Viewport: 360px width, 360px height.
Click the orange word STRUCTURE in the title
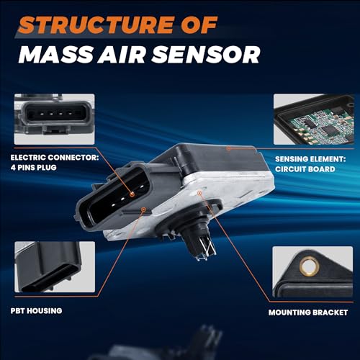coord(96,24)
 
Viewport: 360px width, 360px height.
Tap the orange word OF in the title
coord(199,24)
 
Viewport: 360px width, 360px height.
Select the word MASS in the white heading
coord(55,55)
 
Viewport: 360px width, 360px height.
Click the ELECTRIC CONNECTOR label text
coord(55,158)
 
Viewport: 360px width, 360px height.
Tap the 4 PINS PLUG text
coord(34,167)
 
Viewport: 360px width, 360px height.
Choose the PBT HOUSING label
coord(36,311)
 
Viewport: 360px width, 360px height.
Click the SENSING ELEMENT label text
coord(310,159)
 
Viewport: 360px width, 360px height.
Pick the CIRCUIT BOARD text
coord(305,169)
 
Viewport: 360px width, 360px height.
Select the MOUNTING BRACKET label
coord(308,312)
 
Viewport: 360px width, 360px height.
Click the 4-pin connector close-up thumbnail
coord(54,119)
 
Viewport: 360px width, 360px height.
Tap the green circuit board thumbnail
coord(314,119)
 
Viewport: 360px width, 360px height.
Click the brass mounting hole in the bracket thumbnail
coord(310,266)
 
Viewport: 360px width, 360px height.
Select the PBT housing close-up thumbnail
coord(55,267)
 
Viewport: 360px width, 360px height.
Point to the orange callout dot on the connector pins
coord(132,194)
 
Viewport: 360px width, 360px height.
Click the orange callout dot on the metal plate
coord(199,192)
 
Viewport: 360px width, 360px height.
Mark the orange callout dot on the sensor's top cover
coord(229,148)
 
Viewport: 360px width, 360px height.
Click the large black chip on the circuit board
coord(328,130)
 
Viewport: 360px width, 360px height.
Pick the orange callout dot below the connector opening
coord(143,210)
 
